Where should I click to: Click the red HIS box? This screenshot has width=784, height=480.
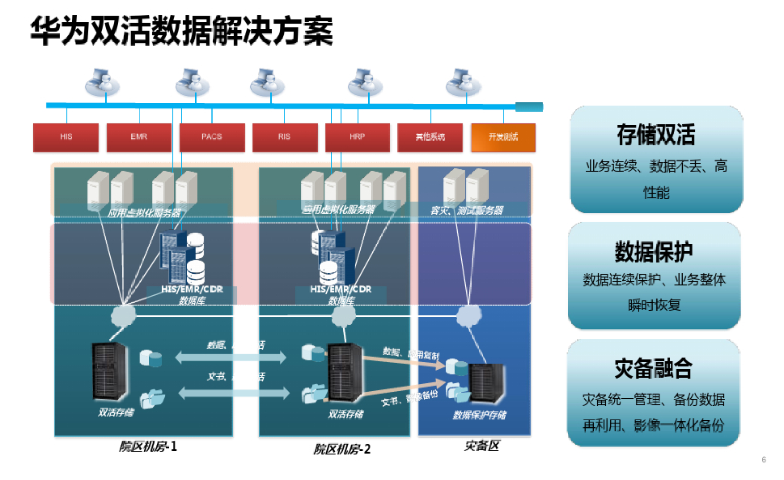[x=66, y=137]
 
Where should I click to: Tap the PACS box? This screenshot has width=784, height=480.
[x=212, y=137]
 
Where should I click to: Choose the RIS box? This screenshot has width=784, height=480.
[x=285, y=137]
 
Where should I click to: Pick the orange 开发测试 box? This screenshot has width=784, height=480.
[x=503, y=137]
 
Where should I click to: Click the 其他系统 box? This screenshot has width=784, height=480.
[x=430, y=137]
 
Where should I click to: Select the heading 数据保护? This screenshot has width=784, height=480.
[x=654, y=252]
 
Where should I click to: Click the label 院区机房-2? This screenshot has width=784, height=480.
[x=342, y=449]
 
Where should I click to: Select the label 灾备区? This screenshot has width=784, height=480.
[x=482, y=445]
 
